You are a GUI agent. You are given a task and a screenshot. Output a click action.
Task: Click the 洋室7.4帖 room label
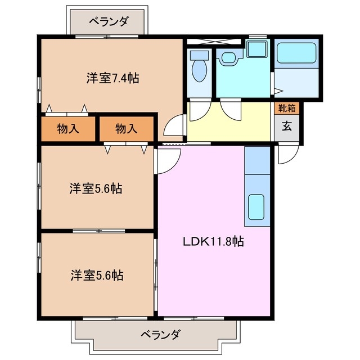[112, 78]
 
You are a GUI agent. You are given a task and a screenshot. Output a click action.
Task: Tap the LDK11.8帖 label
[212, 242]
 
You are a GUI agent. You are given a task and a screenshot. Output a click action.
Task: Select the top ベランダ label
[109, 22]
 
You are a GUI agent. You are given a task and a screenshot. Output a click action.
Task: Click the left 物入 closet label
[67, 128]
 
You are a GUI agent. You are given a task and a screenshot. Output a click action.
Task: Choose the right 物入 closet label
[126, 128]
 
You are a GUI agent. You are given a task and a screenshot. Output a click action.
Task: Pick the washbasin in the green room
[229, 57]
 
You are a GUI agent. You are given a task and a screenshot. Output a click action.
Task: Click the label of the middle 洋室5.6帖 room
[96, 188]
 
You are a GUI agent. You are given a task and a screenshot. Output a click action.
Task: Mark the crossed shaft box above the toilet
[214, 42]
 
